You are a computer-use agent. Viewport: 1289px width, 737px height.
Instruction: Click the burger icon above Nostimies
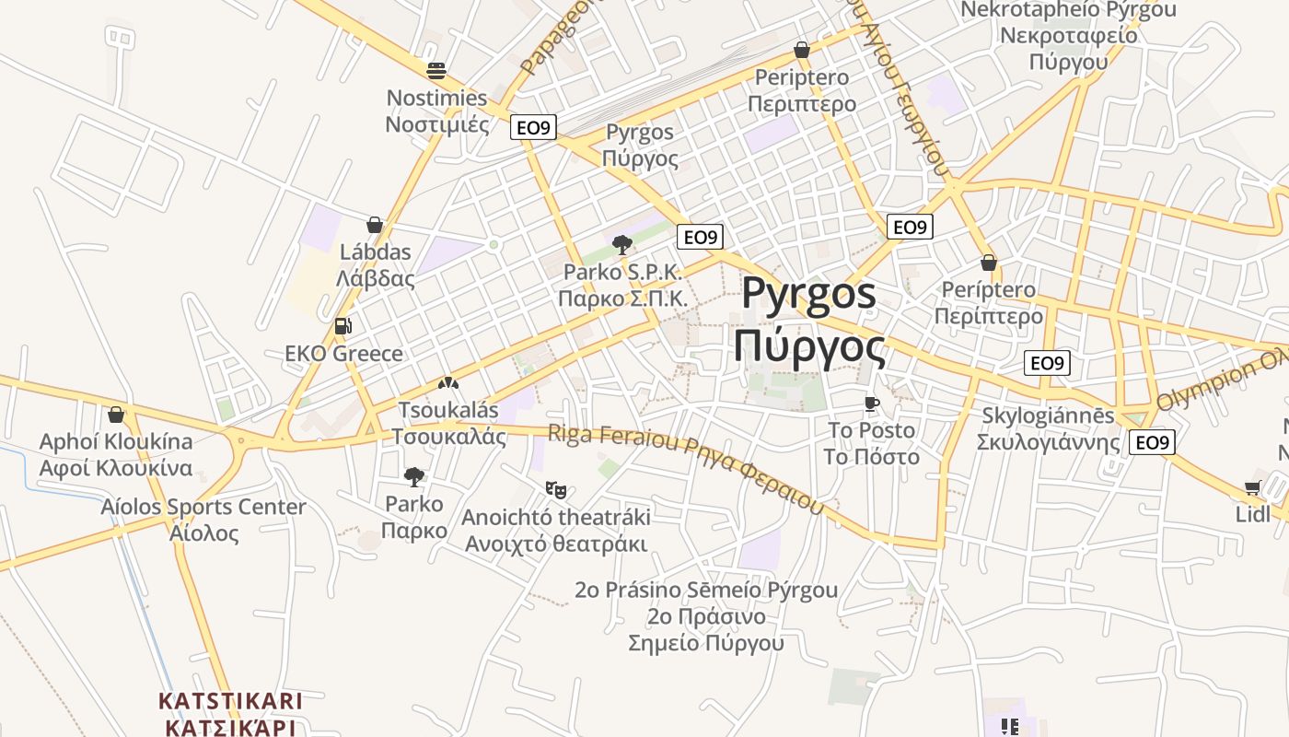coord(435,70)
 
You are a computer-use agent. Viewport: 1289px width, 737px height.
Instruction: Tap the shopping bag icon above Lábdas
coord(375,225)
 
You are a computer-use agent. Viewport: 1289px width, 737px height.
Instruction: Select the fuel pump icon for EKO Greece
coord(343,326)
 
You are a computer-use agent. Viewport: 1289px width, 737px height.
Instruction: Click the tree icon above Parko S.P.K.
coord(622,245)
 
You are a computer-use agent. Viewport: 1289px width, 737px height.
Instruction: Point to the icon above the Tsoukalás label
coord(448,383)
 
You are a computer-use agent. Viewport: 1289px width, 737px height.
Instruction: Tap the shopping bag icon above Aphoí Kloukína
coord(116,415)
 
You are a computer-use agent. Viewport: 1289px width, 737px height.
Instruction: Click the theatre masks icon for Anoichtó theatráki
coord(555,489)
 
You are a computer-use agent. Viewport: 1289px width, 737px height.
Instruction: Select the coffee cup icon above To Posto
coord(871,404)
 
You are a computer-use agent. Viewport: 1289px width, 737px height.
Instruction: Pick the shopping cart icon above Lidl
coord(1252,487)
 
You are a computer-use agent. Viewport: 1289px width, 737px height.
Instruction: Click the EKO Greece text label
coord(343,354)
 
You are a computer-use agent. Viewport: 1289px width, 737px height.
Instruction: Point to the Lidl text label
coord(1253,514)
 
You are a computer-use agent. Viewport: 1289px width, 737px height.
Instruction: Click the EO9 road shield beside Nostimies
coord(533,128)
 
